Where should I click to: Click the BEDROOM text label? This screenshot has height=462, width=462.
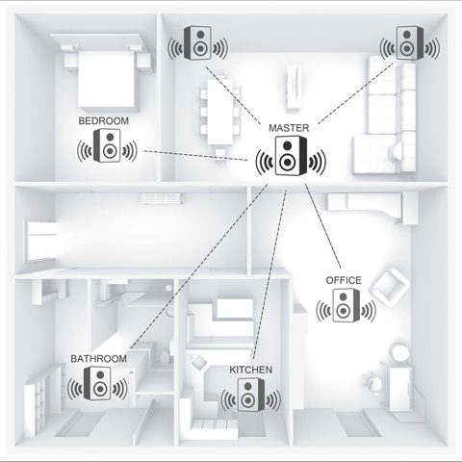(104, 122)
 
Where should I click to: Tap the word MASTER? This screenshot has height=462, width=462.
(290, 128)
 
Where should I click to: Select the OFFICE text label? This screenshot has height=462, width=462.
(344, 280)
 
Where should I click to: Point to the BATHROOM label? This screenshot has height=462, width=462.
(98, 359)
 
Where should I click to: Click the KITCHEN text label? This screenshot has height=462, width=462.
(251, 370)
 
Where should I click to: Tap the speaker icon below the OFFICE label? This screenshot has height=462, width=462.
(345, 308)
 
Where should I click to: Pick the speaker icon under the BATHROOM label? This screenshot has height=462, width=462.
(98, 387)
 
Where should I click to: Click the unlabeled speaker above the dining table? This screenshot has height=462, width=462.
(198, 43)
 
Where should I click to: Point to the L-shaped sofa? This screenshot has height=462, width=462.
(385, 125)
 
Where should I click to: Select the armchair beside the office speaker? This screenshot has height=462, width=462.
(389, 283)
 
